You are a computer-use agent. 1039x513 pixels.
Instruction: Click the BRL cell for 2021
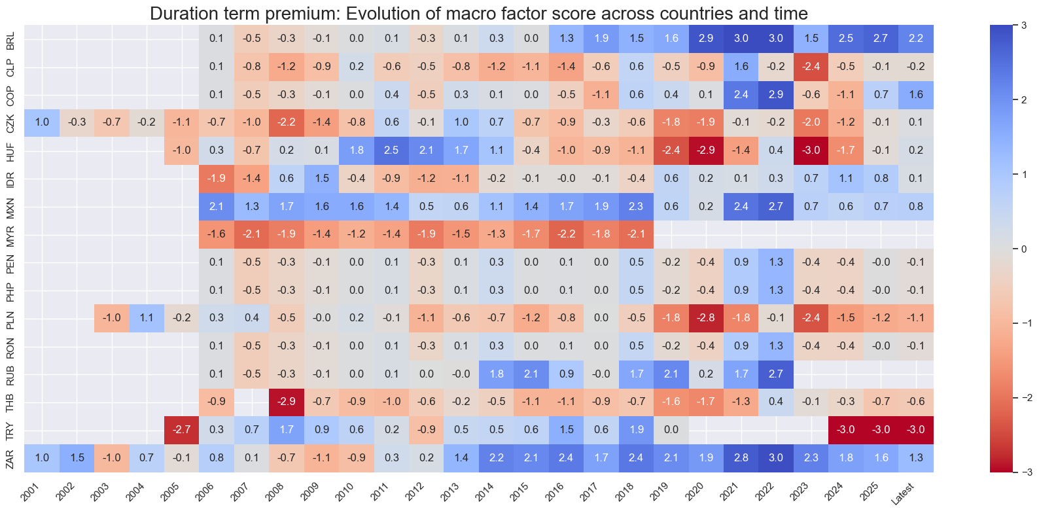point(741,39)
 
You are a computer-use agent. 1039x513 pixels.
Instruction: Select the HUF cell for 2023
point(811,150)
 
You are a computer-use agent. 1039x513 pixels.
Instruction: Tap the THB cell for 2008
point(287,402)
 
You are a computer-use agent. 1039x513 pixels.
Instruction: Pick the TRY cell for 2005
point(181,430)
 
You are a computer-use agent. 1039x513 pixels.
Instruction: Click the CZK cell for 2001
point(42,122)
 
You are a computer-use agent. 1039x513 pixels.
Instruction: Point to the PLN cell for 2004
point(147,318)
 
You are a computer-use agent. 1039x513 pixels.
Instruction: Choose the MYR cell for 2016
point(566,234)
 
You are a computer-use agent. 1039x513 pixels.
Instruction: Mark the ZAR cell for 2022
point(775,458)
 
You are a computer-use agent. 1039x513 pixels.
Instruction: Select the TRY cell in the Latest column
point(916,430)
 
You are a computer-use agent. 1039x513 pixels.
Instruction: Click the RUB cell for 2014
point(496,374)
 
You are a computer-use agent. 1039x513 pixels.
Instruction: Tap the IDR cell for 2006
point(217,178)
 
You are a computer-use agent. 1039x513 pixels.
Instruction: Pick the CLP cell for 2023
point(811,67)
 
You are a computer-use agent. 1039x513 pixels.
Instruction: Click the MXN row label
point(10,206)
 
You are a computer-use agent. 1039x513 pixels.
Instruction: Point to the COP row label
point(10,94)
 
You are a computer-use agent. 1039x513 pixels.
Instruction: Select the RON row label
point(10,346)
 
